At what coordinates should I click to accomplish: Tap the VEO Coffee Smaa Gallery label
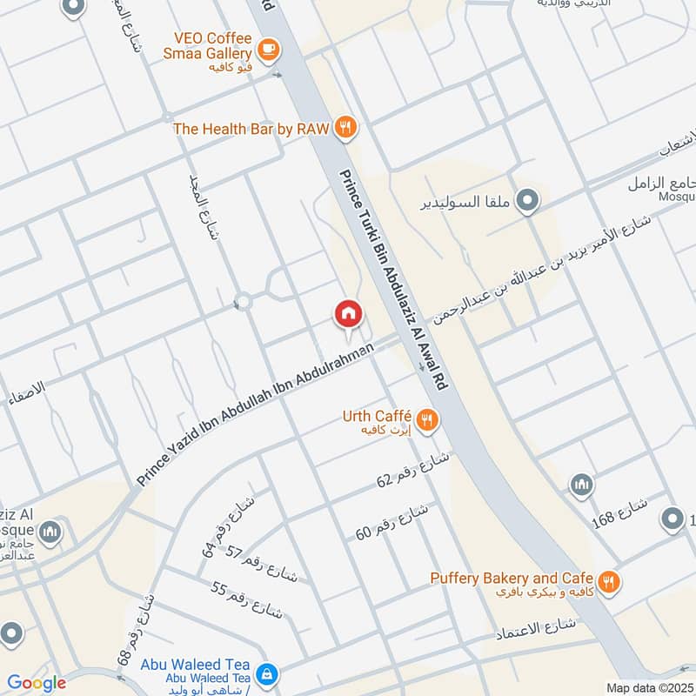212,45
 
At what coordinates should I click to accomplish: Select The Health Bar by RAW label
251,129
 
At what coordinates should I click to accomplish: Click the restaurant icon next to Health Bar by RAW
345,128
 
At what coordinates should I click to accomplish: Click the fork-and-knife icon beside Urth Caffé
426,420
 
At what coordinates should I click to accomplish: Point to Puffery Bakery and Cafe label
512,579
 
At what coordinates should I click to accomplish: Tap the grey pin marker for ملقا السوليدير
526,203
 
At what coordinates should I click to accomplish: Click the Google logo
37,683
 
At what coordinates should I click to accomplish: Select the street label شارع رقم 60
391,521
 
